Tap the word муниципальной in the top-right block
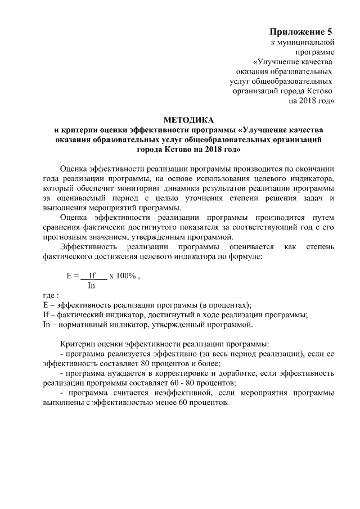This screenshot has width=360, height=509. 307,42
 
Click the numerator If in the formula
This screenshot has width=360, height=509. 93,276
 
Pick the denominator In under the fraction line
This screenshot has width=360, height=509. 92,286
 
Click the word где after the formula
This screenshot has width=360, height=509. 49,296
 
